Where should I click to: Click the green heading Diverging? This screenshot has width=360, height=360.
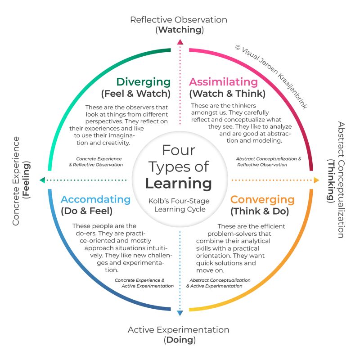144,82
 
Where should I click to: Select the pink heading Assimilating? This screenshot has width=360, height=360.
223,82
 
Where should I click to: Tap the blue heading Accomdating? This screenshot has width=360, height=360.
96,199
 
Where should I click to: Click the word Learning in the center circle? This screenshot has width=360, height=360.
179,184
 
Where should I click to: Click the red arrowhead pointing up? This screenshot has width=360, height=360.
180,42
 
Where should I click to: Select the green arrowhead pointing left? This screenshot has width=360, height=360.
42,180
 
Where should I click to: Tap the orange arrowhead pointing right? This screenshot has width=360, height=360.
316,180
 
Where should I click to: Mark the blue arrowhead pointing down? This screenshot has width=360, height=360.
180,313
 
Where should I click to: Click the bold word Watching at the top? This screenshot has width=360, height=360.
180,30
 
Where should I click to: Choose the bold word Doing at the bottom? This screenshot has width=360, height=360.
180,340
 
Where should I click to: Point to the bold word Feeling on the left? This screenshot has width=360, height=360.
26,180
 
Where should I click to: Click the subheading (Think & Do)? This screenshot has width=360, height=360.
260,211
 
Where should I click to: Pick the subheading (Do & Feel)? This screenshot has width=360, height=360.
87,211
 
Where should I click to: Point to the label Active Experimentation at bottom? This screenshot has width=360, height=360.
179,330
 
